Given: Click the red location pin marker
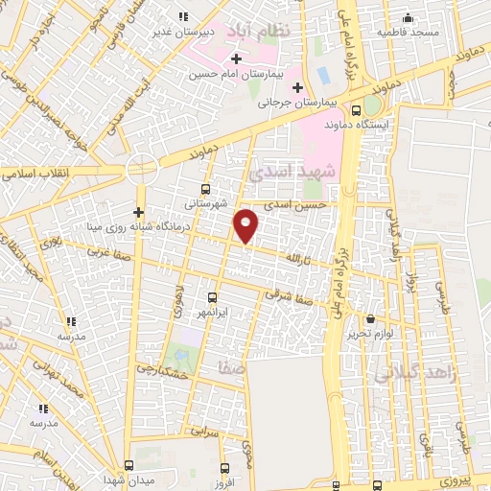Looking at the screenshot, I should [246, 224].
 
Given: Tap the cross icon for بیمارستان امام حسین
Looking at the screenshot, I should [236, 59].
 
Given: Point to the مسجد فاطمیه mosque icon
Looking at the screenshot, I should [409, 17].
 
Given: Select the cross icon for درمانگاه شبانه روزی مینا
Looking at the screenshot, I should [139, 212].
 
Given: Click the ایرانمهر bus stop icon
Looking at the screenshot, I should [211, 297].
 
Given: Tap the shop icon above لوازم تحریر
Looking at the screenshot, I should [372, 318].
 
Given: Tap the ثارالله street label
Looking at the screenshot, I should [298, 259].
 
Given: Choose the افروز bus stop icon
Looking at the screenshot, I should [224, 469].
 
